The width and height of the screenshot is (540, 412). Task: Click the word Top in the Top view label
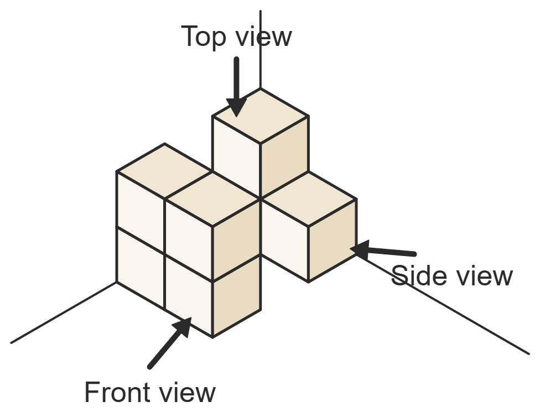203,37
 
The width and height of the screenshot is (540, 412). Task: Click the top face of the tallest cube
261,116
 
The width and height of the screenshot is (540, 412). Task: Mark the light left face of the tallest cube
237,157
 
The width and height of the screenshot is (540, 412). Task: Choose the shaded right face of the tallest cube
284,157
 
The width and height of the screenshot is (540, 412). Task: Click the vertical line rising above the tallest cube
261,50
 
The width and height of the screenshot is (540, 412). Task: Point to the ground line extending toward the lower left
64,312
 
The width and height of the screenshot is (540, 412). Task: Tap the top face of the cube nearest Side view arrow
309,199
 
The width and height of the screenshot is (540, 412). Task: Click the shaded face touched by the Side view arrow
333,240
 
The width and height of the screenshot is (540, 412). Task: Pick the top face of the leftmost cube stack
165,171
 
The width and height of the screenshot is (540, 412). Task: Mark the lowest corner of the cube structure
212,337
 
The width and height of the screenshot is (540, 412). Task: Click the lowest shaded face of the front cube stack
237,295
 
